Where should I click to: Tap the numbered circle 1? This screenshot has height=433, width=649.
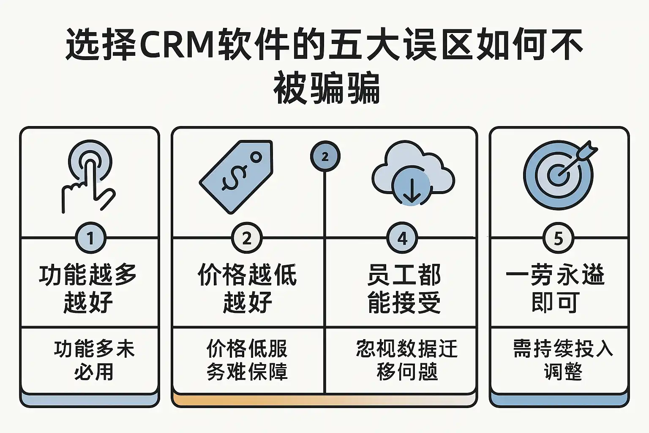point(90,238)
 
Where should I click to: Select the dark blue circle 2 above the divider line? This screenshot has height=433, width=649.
point(325,157)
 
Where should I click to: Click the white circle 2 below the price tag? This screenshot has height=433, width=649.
point(247,238)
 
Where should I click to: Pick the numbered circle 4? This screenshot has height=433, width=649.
point(402,238)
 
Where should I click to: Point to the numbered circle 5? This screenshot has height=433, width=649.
point(558,238)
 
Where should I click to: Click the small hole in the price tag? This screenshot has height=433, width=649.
point(256,158)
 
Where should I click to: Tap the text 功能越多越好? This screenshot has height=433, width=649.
point(88,288)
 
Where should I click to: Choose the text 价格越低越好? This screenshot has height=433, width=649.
point(247,288)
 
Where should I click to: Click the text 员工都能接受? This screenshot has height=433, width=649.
point(404,288)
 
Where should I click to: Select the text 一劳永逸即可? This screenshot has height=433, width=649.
point(555,288)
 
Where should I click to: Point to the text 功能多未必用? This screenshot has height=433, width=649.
point(94,360)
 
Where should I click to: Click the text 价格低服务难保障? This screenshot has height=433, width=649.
point(247,360)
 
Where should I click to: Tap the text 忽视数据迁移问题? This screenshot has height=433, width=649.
point(406,360)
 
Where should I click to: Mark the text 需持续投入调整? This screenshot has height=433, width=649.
point(562,360)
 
